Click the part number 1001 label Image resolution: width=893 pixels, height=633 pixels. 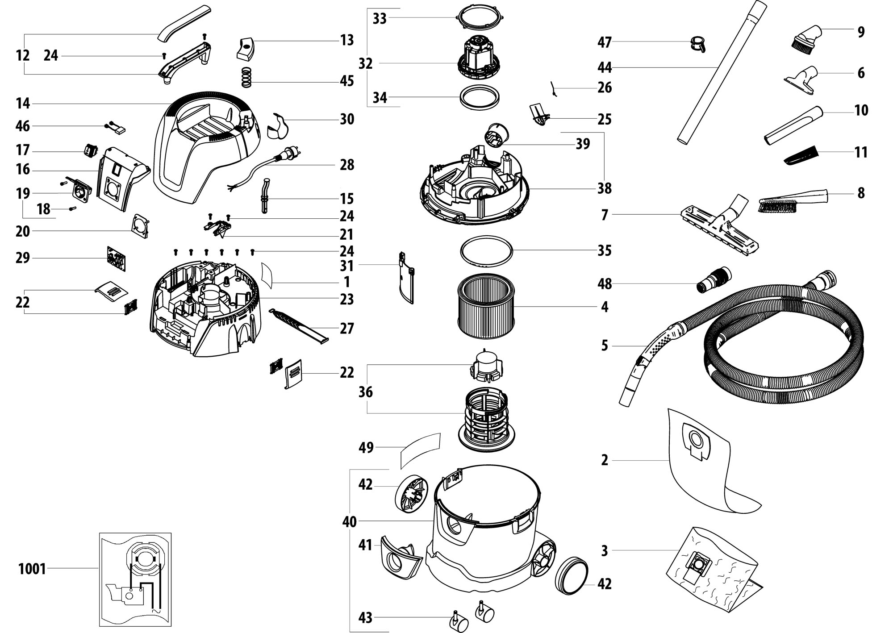(32, 569)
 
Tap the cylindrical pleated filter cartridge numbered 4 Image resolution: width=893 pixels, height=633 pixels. (485, 305)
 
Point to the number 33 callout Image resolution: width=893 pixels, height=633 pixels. (380, 19)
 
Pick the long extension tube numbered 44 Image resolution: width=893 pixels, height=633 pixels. (722, 73)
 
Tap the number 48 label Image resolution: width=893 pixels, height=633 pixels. (605, 284)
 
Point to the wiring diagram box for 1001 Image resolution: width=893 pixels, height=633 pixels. (135, 579)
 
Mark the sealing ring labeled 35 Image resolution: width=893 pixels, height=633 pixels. (486, 252)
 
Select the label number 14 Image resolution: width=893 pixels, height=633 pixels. (23, 104)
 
